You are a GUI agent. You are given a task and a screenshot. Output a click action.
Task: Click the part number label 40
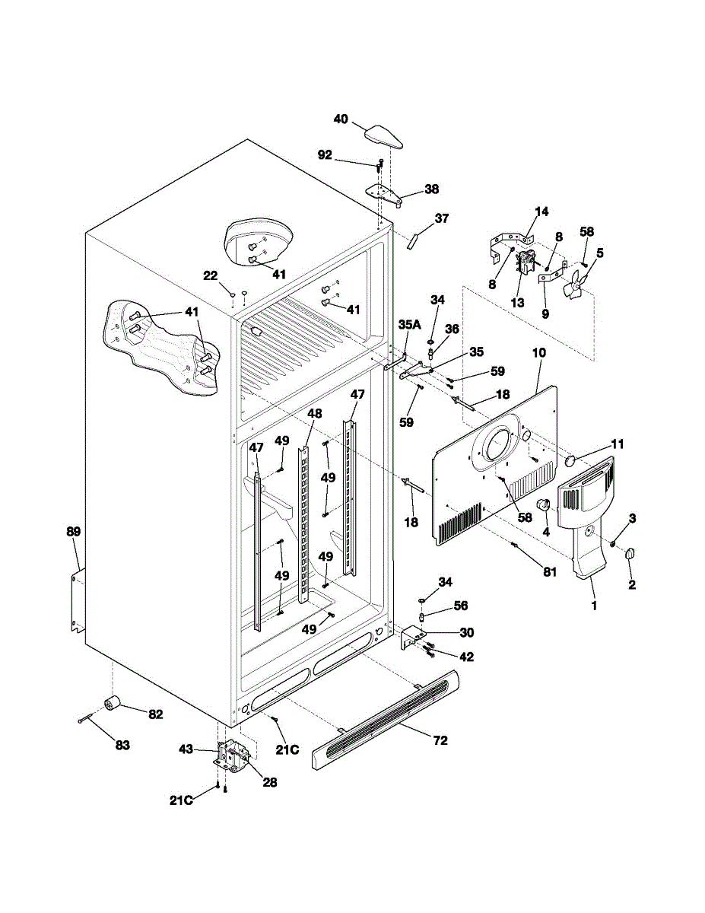point(341,119)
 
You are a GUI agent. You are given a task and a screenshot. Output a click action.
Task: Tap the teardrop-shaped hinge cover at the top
point(383,137)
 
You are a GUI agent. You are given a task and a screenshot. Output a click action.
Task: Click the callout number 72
point(440,740)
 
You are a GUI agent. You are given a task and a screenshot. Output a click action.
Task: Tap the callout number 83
point(122,745)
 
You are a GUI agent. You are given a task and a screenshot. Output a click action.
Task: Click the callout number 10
point(539,352)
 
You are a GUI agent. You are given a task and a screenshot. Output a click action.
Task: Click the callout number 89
point(74,532)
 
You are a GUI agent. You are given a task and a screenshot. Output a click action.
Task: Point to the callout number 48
point(315,413)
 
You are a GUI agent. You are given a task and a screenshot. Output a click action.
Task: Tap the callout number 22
point(211,275)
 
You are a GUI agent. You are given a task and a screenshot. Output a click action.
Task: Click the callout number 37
point(441,218)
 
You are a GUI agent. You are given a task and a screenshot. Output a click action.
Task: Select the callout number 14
point(541,212)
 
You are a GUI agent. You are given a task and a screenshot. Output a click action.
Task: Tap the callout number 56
point(461,606)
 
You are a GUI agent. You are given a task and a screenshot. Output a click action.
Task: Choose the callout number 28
point(269,782)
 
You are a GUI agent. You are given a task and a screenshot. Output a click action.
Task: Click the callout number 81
point(550,571)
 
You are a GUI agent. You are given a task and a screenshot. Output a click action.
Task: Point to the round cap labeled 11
point(572,460)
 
